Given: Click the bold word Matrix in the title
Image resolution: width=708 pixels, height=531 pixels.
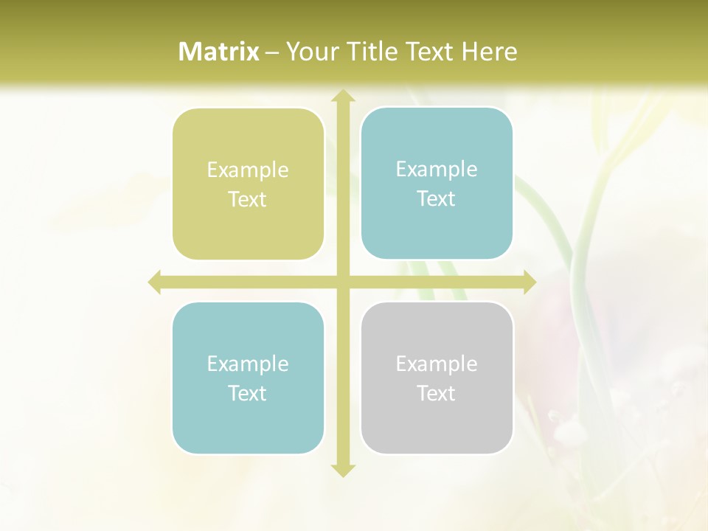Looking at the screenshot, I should [x=219, y=52].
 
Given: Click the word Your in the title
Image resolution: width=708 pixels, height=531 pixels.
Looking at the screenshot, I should [x=308, y=52].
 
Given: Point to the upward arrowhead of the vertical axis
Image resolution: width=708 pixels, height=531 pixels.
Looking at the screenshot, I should [x=342, y=96].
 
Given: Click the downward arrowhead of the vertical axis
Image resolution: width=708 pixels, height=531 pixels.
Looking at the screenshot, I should [x=342, y=470].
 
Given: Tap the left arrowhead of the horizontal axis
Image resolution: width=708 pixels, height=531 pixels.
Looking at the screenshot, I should [x=155, y=282].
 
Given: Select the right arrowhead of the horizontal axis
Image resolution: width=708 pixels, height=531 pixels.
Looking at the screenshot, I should [x=529, y=282].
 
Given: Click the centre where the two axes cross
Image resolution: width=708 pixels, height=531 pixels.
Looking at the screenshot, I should [x=342, y=282].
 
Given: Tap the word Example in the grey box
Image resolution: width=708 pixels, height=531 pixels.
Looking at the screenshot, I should [x=437, y=364].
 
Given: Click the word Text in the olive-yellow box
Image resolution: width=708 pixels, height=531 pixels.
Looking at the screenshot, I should [x=248, y=199].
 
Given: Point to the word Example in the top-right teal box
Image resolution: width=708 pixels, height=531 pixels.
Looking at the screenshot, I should [x=437, y=169].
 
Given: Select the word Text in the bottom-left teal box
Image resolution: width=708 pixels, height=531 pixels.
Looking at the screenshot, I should [x=248, y=393].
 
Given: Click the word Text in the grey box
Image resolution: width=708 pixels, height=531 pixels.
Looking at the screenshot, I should [x=437, y=393].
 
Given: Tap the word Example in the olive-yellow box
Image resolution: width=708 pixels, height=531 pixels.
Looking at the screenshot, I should [x=248, y=170].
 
